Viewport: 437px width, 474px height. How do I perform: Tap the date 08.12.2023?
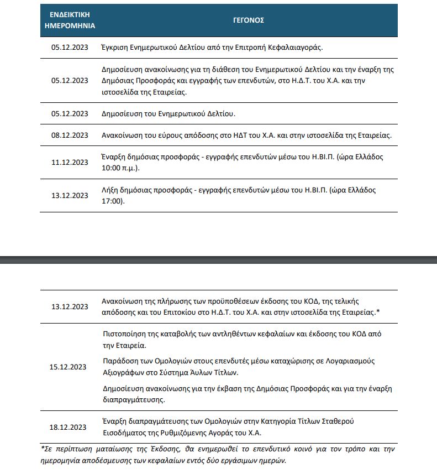click(70, 135)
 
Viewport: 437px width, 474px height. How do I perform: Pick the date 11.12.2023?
click(70, 162)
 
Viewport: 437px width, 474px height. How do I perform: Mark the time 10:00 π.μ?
click(120, 167)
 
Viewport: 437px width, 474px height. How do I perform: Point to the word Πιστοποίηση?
click(125, 334)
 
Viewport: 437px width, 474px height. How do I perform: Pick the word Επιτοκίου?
click(189, 312)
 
